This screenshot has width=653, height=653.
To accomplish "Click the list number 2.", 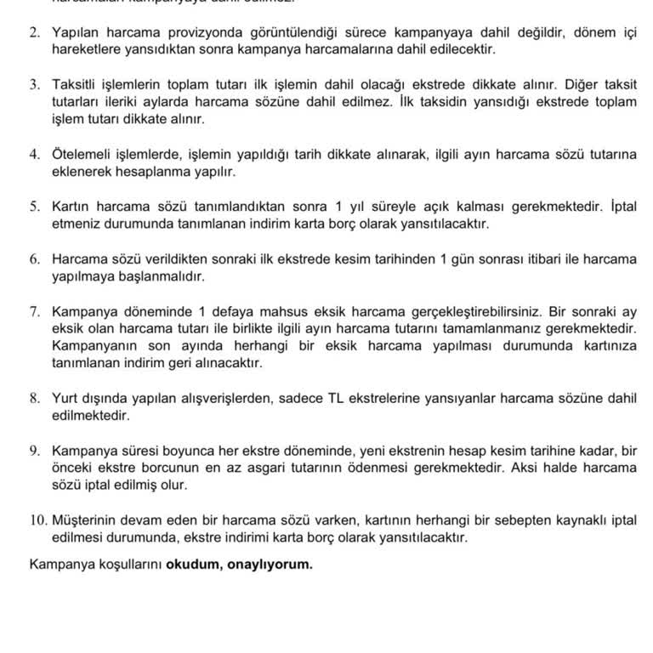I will click(x=34, y=31).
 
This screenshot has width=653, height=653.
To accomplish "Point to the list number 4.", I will click(x=34, y=154).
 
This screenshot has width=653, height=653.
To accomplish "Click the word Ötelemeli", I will click(x=83, y=154).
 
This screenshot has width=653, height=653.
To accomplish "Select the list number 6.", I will click(x=34, y=258).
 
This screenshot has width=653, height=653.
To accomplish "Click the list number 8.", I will click(x=34, y=398).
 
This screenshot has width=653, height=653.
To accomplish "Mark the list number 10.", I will click(x=37, y=520).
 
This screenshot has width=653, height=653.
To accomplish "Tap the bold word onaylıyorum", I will click(x=270, y=563).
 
